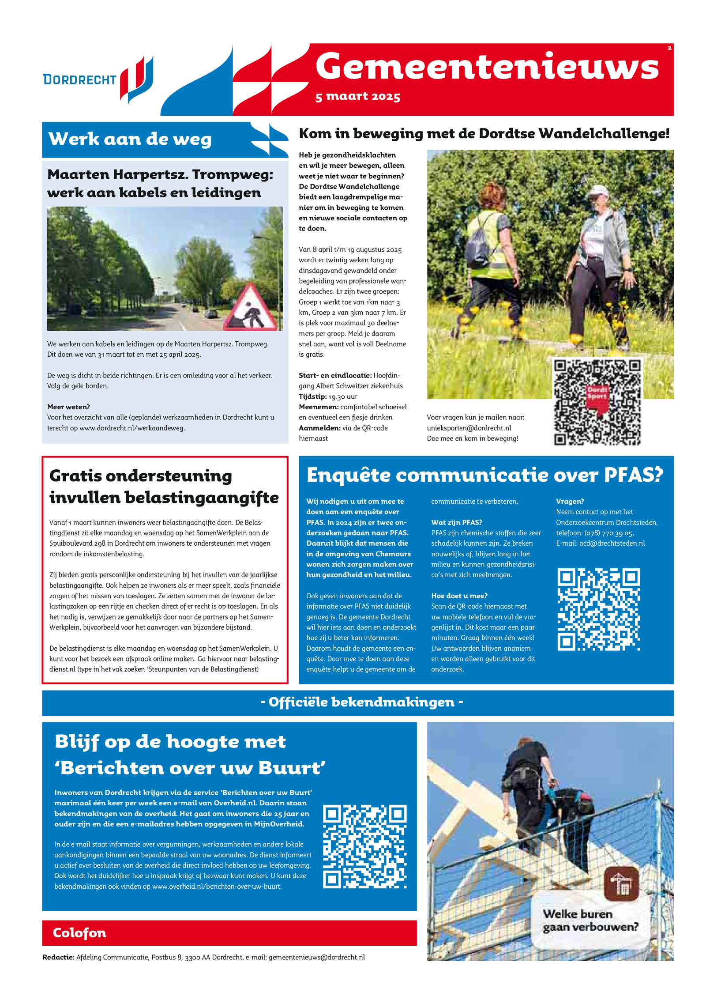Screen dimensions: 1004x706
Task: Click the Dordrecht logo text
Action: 79,79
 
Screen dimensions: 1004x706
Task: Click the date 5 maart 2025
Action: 357,96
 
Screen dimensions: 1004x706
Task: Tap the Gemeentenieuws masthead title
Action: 487,66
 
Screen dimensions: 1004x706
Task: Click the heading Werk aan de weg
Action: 130,139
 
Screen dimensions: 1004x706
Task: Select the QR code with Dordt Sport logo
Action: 597,402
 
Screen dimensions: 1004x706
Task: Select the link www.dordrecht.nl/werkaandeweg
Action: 132,428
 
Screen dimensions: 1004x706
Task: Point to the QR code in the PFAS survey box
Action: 598,609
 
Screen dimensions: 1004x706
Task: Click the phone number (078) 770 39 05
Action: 609,533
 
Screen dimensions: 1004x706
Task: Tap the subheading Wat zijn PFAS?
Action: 457,522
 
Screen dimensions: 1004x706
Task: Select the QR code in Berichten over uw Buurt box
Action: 364,847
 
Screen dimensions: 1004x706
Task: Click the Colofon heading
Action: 79,932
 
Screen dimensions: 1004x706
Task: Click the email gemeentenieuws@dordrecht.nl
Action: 316,957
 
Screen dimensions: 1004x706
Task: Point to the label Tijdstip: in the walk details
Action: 312,396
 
